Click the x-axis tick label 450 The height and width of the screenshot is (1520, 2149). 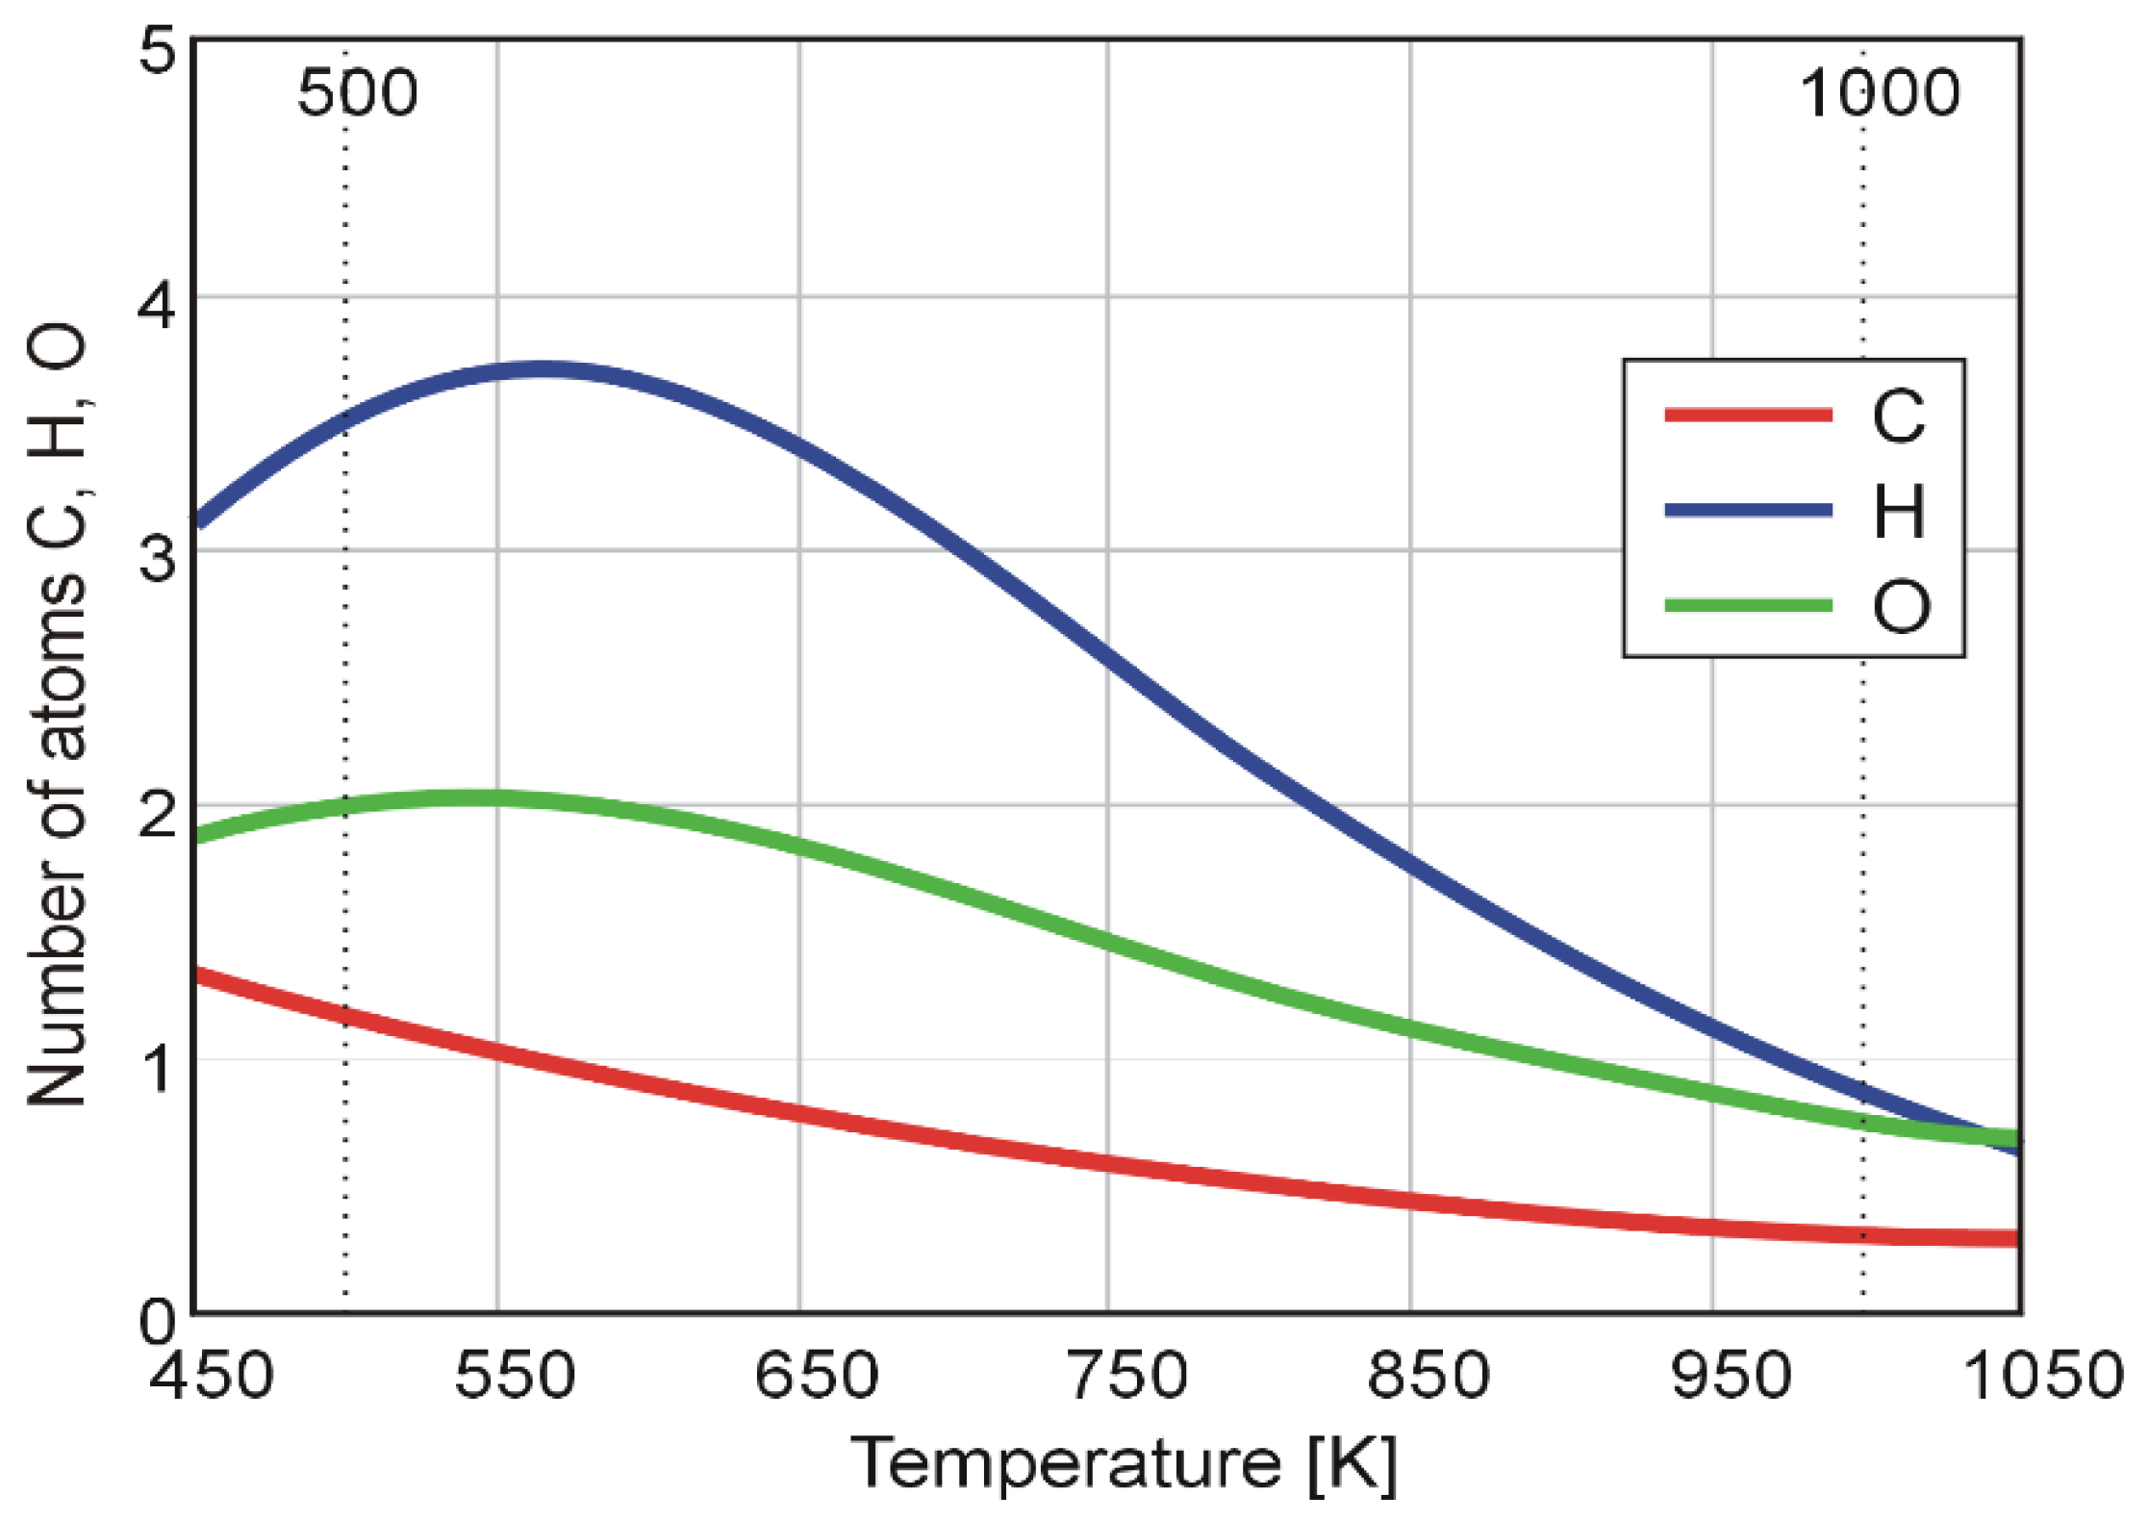[212, 1377]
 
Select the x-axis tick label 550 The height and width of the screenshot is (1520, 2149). [516, 1377]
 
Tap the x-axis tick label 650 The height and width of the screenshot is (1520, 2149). [817, 1377]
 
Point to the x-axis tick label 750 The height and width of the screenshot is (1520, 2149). [1127, 1377]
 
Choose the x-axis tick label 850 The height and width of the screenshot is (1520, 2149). [1428, 1377]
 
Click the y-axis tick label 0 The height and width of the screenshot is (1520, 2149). [158, 1322]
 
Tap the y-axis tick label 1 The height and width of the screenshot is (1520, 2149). [158, 1066]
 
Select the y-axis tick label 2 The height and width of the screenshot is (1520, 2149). [158, 813]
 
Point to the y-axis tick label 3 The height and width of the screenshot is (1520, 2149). [158, 558]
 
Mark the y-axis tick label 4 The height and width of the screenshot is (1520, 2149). [158, 306]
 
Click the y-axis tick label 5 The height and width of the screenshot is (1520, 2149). [158, 50]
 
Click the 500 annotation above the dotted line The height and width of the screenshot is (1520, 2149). [358, 93]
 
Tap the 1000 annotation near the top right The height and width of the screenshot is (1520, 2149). [1880, 93]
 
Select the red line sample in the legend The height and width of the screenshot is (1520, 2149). [1748, 416]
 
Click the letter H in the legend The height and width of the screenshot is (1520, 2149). [1899, 511]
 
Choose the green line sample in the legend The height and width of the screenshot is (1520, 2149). [1748, 605]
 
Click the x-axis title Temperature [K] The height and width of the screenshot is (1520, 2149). [1124, 1464]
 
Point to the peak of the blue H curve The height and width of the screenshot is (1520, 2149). [544, 369]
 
